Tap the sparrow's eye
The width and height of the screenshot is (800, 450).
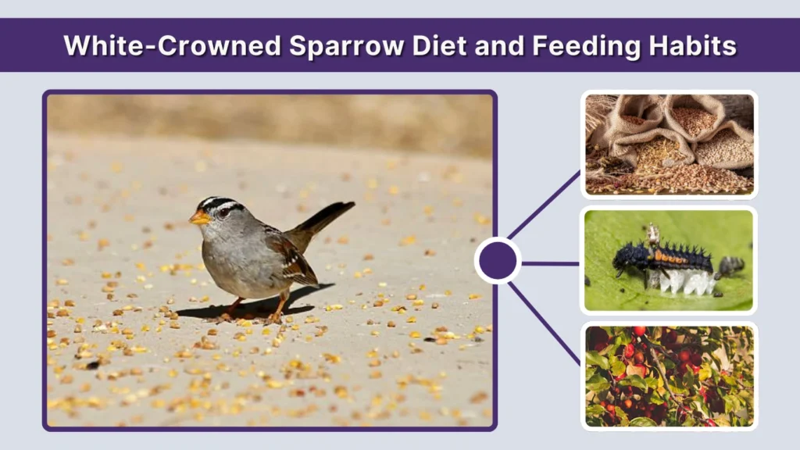coord(223,212)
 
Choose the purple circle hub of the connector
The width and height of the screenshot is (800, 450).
coord(498,261)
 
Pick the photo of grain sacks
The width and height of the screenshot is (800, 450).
coord(670,144)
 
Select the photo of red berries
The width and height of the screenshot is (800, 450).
coord(670,376)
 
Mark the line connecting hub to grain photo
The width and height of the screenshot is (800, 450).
coord(545,205)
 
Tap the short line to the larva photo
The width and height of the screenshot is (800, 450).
coord(551,263)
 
